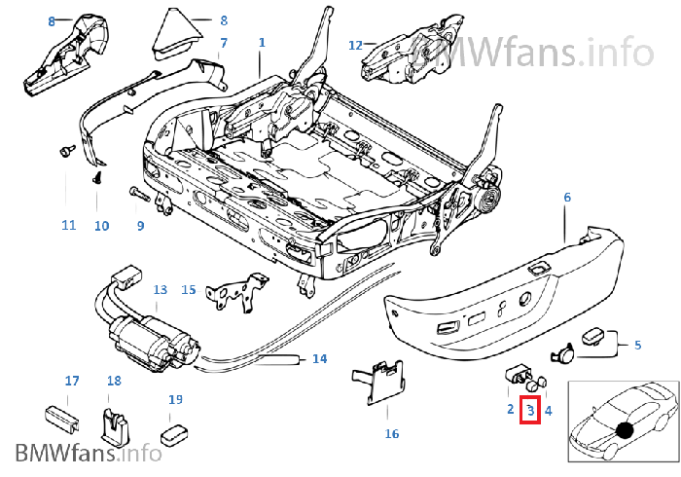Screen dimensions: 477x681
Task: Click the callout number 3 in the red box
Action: coord(531,412)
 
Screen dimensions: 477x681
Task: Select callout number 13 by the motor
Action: coord(161,289)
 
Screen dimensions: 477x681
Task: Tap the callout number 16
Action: coord(392,434)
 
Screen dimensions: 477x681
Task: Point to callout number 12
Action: coord(355,45)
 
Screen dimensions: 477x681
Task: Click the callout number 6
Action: coord(567,197)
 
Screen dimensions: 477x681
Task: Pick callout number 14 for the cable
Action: coord(319,359)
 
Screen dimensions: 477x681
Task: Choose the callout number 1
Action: coord(261,43)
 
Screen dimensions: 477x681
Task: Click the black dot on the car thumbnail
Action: coord(624,429)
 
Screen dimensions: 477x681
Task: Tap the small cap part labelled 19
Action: coord(174,430)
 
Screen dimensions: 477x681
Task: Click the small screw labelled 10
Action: coord(97,179)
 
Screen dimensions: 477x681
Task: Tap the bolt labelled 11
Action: coord(66,150)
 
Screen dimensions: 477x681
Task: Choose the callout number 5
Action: coord(637,345)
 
